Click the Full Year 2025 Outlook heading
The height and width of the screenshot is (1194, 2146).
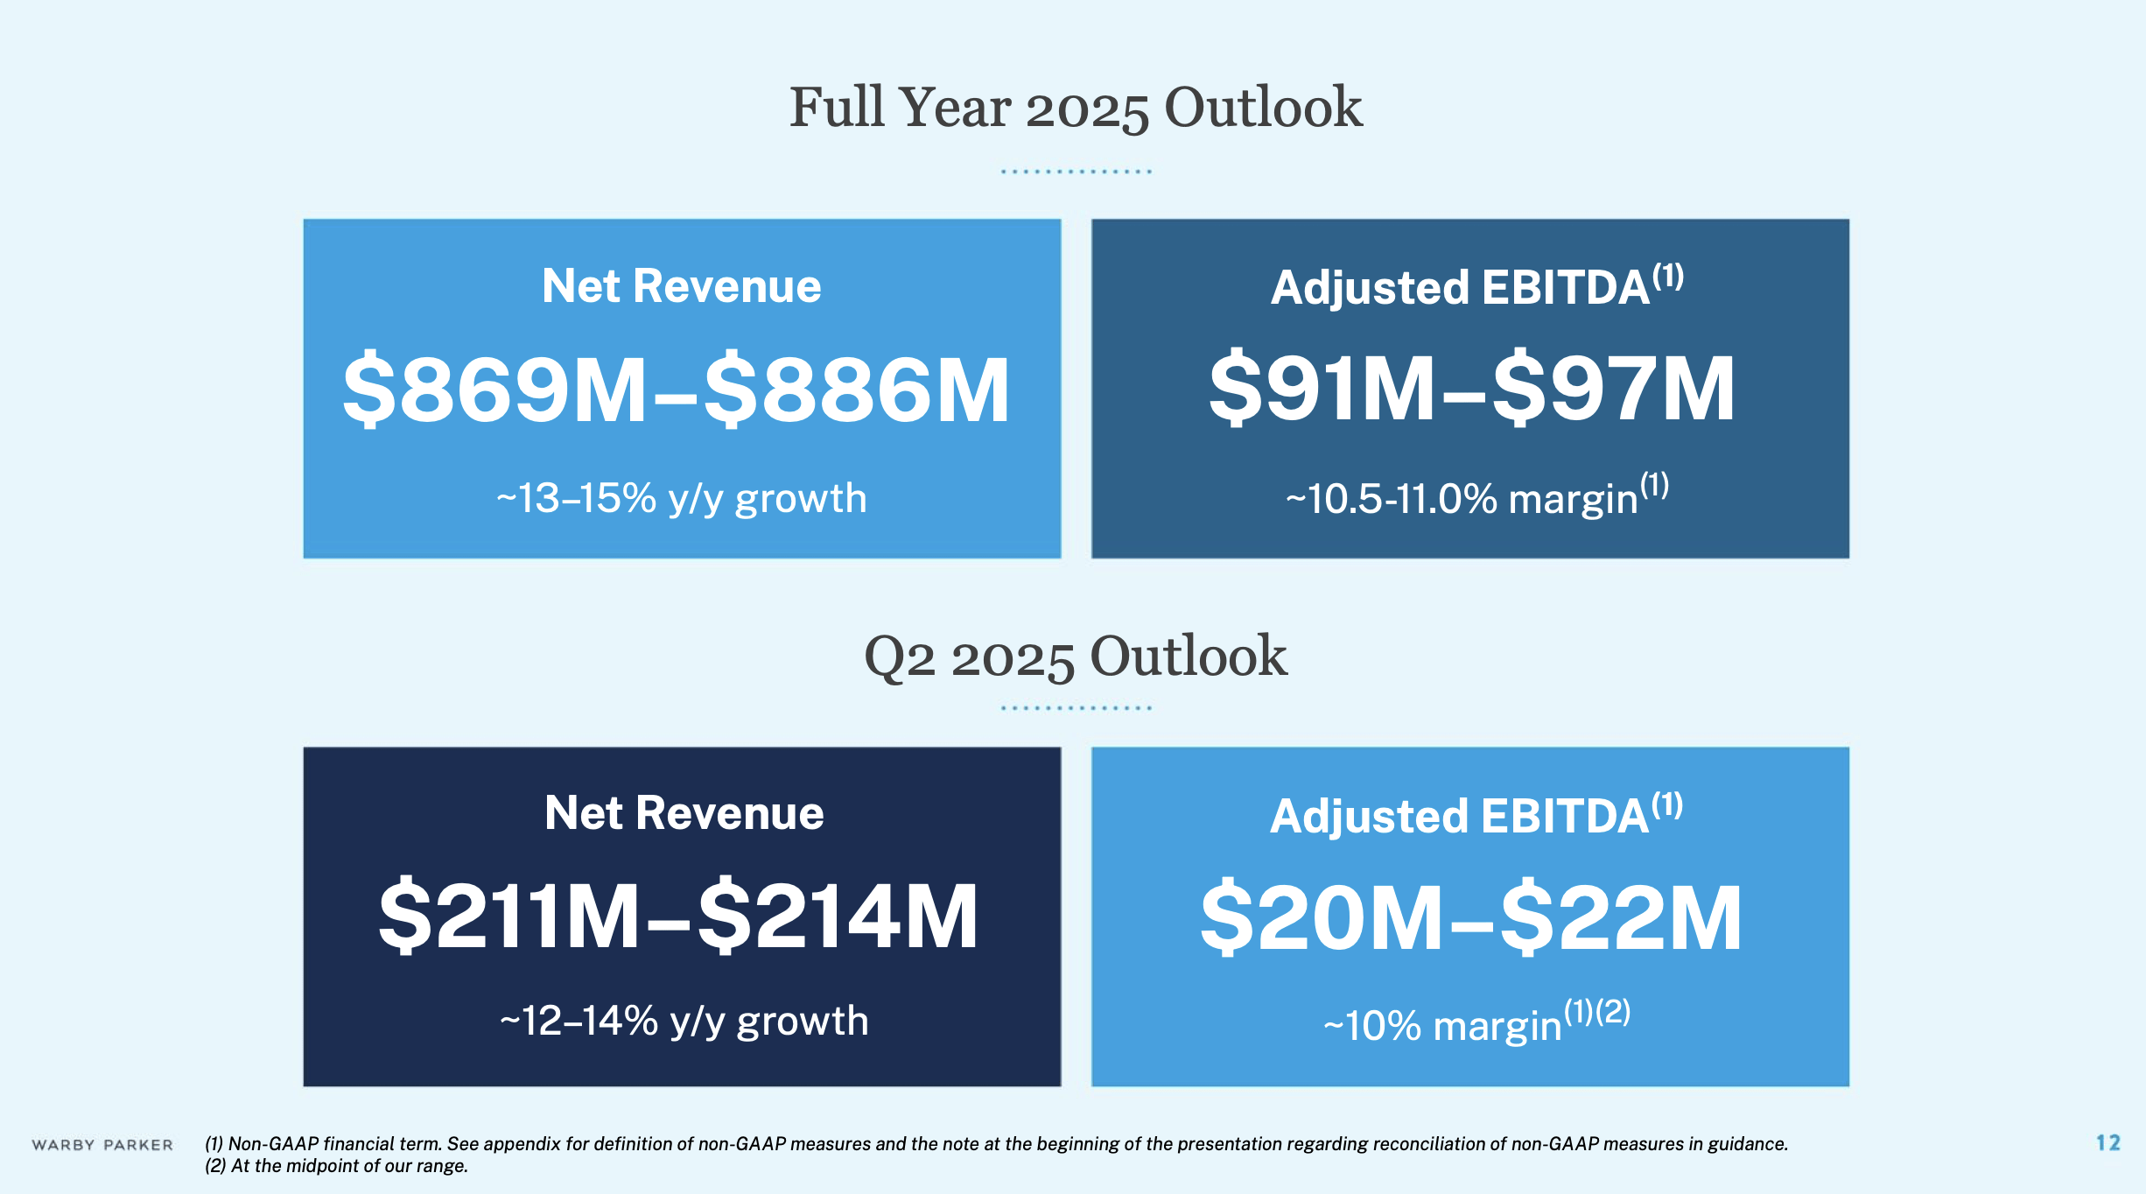point(1076,108)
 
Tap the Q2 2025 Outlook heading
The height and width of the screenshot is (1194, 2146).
point(1076,657)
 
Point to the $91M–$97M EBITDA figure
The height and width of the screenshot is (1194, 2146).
point(1471,388)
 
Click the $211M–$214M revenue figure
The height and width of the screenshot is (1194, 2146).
point(678,917)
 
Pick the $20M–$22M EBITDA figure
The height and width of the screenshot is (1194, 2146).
point(1471,917)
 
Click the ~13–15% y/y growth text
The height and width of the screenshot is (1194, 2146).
point(682,499)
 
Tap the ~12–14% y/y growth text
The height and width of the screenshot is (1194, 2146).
point(684,1022)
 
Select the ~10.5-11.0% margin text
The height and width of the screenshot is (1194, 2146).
point(1462,500)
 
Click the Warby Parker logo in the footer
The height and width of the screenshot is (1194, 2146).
point(102,1145)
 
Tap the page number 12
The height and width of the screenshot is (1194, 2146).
point(2107,1142)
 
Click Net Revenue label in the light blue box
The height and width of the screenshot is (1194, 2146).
point(682,286)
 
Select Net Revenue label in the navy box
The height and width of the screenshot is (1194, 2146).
point(684,813)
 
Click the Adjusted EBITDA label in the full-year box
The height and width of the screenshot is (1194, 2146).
point(1460,288)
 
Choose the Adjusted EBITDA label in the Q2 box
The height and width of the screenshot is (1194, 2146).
point(1460,816)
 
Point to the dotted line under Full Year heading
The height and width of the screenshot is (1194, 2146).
point(1076,172)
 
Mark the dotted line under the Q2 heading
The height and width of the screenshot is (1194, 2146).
point(1076,707)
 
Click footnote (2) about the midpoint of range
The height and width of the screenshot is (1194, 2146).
point(337,1166)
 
